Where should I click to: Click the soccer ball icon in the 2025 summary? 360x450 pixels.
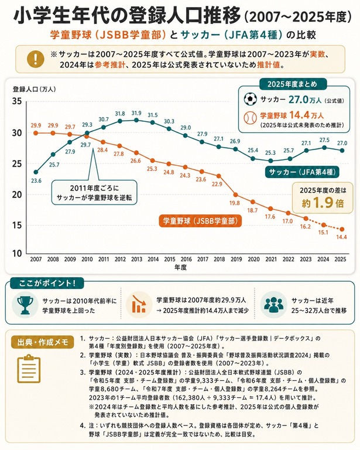(250, 99)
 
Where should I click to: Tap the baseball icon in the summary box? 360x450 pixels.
(250, 117)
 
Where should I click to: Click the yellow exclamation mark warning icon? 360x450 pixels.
(35, 59)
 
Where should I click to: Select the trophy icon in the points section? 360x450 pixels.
(25, 305)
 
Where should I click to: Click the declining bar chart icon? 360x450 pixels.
(139, 305)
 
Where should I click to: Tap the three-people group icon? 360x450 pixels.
(273, 305)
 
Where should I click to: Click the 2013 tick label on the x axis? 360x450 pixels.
(137, 259)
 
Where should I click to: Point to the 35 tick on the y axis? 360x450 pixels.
(16, 101)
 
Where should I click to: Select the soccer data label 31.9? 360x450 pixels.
(136, 113)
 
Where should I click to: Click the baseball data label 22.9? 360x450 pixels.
(217, 184)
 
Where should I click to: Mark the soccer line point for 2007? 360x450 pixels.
(36, 172)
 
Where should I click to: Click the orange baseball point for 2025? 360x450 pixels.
(342, 229)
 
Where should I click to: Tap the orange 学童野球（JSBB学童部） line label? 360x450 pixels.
(200, 221)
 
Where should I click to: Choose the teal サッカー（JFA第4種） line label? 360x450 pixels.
(302, 172)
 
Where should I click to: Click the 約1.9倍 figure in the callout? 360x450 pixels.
(323, 203)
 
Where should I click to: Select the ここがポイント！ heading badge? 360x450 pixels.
(47, 283)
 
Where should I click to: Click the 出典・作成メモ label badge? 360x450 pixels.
(43, 342)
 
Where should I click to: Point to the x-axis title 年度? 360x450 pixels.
(180, 267)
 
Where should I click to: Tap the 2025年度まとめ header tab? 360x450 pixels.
(292, 84)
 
